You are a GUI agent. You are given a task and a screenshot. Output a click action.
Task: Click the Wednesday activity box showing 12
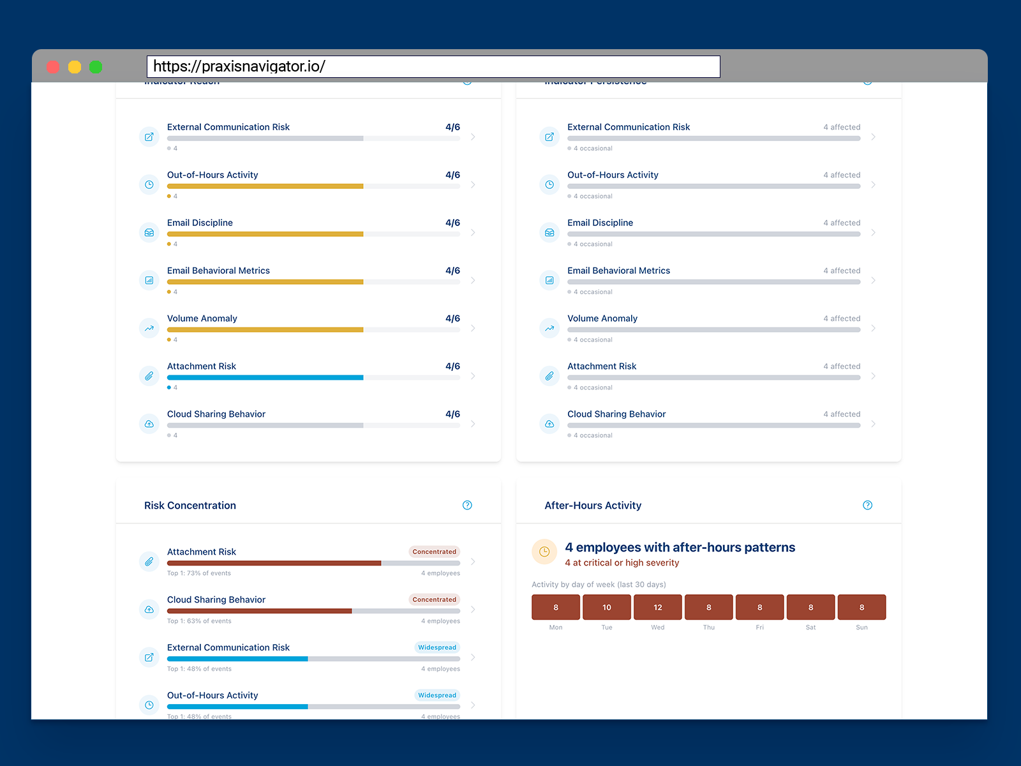click(x=657, y=607)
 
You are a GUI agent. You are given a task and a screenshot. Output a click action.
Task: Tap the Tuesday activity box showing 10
click(x=606, y=607)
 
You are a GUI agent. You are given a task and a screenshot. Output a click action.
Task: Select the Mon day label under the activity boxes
click(x=556, y=627)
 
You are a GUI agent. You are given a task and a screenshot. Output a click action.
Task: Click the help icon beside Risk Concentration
click(x=467, y=506)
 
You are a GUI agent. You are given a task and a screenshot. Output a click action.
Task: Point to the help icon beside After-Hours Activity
click(x=867, y=506)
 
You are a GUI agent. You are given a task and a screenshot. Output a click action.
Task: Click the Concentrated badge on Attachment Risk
click(x=434, y=552)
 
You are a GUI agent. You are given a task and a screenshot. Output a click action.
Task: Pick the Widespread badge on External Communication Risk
click(x=437, y=647)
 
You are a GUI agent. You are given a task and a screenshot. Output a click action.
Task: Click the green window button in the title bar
click(x=96, y=67)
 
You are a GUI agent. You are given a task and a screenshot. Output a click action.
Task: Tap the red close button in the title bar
click(x=54, y=67)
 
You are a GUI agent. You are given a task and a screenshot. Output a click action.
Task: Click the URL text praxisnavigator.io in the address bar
click(x=239, y=66)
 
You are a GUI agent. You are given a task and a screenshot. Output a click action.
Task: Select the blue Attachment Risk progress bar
click(x=265, y=378)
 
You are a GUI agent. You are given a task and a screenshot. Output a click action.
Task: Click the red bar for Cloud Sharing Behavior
click(x=259, y=611)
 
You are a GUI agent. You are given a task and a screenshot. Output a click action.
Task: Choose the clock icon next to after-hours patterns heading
click(x=544, y=552)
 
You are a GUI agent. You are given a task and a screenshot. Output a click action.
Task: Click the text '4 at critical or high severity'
click(x=622, y=563)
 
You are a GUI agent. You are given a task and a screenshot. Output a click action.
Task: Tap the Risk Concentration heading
click(x=190, y=506)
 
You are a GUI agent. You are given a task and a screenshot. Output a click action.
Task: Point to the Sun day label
click(x=861, y=627)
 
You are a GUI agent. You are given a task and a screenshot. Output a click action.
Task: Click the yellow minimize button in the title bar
click(x=75, y=67)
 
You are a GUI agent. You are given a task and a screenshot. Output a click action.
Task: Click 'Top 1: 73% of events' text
click(x=199, y=573)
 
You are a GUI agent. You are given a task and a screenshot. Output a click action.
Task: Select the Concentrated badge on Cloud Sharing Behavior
click(x=434, y=599)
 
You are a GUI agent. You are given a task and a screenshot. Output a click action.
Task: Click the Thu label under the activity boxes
click(x=708, y=627)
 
